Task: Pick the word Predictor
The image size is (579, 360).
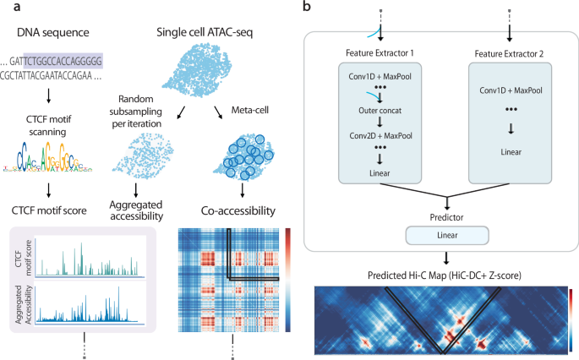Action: coord(437,216)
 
